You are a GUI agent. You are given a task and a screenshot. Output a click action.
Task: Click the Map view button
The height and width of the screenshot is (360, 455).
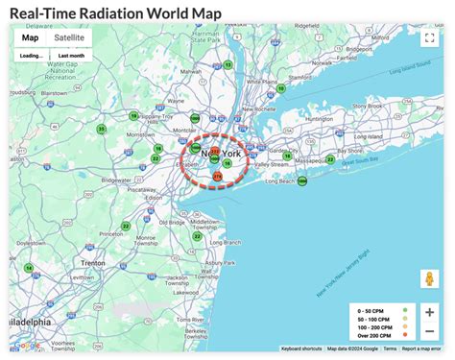[x=31, y=37]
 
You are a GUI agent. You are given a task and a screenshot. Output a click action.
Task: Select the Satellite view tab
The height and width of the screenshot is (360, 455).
[x=68, y=37]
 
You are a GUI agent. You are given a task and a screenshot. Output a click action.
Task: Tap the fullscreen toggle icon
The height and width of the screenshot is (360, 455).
[x=429, y=38]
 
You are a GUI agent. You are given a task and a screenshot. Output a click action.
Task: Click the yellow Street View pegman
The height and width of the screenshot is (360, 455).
[x=429, y=280]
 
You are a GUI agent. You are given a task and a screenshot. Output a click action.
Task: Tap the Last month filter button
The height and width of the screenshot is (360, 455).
[x=70, y=56]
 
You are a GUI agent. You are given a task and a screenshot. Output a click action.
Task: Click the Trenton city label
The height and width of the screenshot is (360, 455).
[x=93, y=261]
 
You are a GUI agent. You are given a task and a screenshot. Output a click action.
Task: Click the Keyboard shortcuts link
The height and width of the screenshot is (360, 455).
[x=301, y=348]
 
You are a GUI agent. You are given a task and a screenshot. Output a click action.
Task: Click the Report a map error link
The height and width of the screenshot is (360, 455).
[x=423, y=348]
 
